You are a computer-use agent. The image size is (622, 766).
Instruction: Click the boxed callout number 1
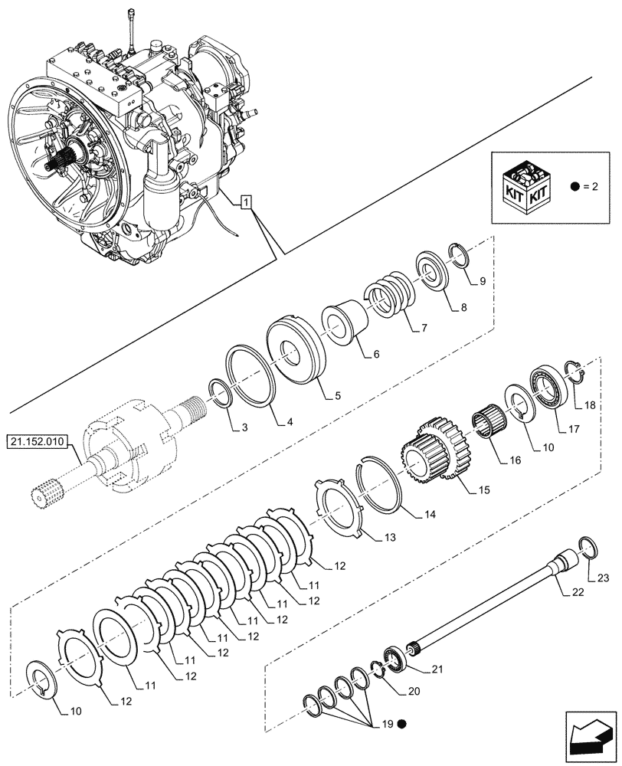tap(244, 202)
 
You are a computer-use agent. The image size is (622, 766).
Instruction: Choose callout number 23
tap(602, 579)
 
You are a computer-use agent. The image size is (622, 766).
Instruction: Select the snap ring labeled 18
tap(576, 371)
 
